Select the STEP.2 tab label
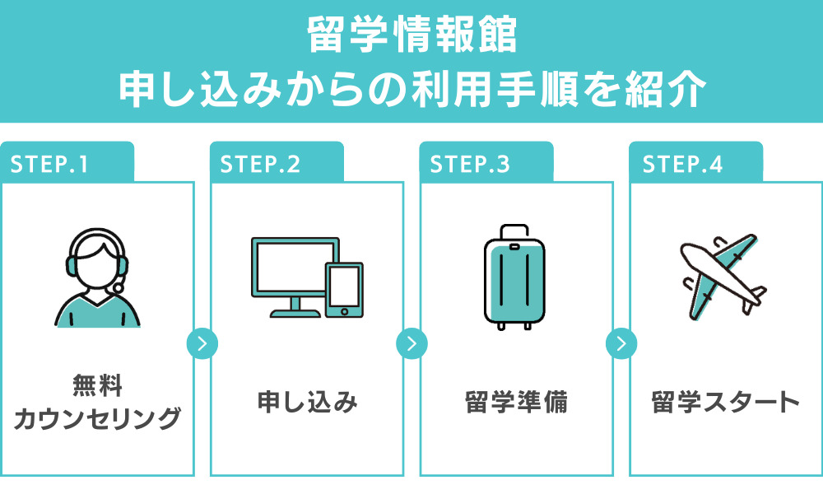[x=261, y=164]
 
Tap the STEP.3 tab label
[x=470, y=164]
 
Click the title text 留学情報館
[x=411, y=35]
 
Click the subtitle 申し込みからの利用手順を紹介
[x=411, y=89]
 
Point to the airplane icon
[x=721, y=276]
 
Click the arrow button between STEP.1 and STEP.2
[x=202, y=343]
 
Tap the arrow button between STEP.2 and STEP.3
[x=411, y=343]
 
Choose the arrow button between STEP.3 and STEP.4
[x=621, y=343]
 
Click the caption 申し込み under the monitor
[x=307, y=403]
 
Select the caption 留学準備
[x=516, y=403]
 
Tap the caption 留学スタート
[x=725, y=403]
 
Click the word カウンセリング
[x=97, y=418]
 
